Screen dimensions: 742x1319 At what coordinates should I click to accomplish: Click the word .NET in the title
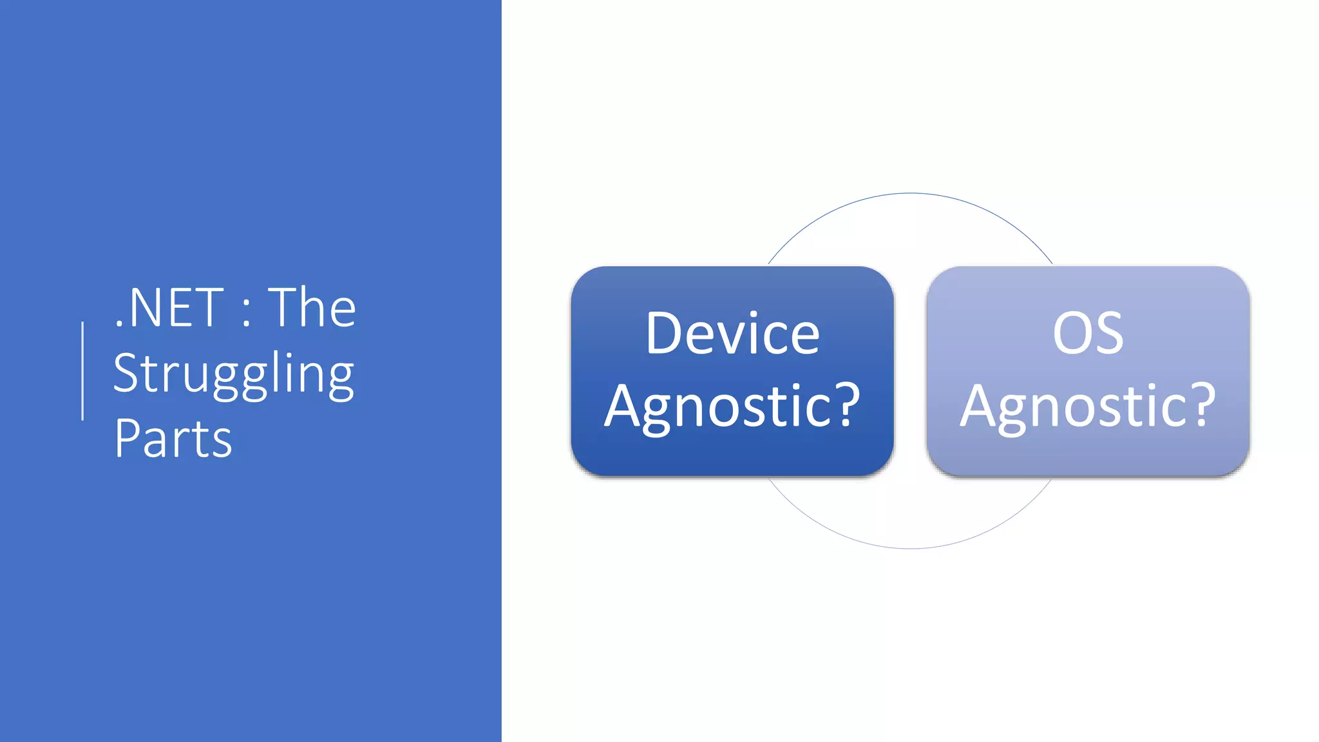(169, 308)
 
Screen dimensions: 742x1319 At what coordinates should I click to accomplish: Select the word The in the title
(312, 308)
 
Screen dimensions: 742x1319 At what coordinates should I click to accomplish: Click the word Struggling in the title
(233, 374)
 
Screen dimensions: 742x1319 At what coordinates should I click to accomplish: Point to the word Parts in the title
(173, 439)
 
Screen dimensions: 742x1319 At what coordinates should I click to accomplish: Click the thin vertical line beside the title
(82, 371)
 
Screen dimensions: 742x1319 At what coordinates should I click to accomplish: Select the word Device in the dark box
(732, 334)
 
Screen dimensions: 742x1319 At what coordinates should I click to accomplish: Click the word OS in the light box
(1088, 334)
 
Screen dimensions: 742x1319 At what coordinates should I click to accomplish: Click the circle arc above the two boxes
(911, 193)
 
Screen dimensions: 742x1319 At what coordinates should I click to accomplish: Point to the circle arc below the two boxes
(911, 548)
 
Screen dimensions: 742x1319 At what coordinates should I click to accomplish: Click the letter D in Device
(663, 334)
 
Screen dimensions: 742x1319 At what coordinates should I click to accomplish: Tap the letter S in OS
(1108, 334)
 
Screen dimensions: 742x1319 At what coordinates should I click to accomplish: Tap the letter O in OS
(1070, 334)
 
